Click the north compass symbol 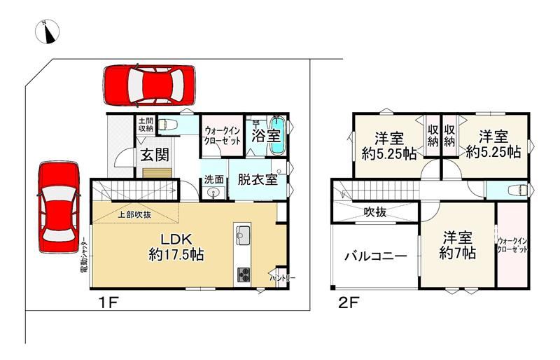coord(47,32)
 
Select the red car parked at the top coord(150,85)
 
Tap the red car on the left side coord(59,207)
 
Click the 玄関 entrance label coord(155,155)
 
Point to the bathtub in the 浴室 coord(276,135)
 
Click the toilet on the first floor coord(168,125)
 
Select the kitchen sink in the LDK coord(243,235)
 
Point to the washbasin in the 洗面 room coord(214,193)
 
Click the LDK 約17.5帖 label coord(176,247)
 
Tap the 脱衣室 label coord(258,179)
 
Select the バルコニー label coord(375,256)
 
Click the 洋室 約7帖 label coord(458,245)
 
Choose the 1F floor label coord(108,303)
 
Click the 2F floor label coord(349,303)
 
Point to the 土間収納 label coord(146,124)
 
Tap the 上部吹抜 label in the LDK coord(134,214)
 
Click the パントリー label coord(283,278)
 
